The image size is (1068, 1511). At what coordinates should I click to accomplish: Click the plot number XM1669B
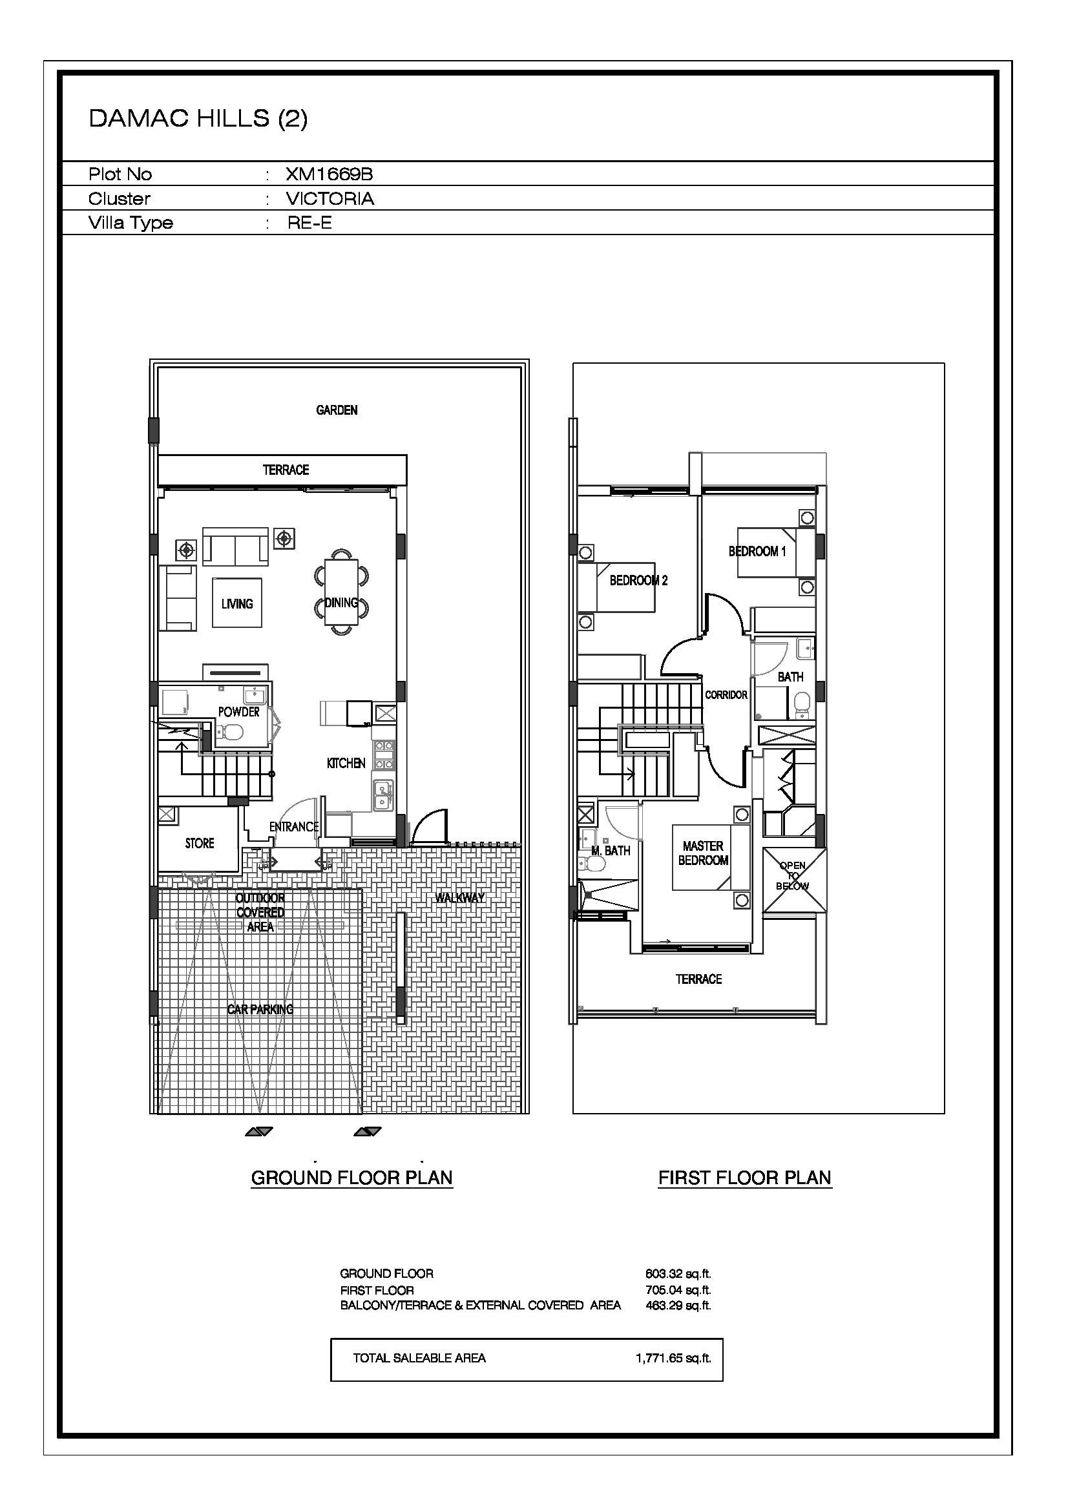[329, 174]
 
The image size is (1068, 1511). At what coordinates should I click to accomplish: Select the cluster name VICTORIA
[330, 199]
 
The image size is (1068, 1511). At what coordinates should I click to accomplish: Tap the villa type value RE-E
[309, 223]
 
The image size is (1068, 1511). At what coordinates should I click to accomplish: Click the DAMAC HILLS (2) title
[198, 118]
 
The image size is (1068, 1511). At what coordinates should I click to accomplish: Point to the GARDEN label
[337, 410]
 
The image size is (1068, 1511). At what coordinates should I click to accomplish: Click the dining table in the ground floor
[342, 592]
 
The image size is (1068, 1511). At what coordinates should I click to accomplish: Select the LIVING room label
[237, 603]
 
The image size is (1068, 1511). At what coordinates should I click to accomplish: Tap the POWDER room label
[239, 712]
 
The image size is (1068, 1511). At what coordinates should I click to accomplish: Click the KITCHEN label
[346, 764]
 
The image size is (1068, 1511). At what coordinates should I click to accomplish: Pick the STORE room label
[200, 844]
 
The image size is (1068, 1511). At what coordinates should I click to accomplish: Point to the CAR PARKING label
[260, 1010]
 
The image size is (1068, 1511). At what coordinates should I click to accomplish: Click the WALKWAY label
[460, 898]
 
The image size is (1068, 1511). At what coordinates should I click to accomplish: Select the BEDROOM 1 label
[757, 552]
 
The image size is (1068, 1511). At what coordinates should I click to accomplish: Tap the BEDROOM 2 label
[638, 581]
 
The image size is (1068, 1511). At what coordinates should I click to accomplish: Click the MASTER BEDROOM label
[704, 853]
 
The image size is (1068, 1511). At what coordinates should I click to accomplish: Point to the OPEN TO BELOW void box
[795, 881]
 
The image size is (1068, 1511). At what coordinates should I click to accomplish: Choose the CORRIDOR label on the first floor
[726, 695]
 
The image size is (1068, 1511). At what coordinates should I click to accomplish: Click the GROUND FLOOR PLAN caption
[352, 1178]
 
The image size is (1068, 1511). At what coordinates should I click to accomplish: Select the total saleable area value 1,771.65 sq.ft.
[673, 1358]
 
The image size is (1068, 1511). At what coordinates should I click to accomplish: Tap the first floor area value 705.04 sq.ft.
[678, 1291]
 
